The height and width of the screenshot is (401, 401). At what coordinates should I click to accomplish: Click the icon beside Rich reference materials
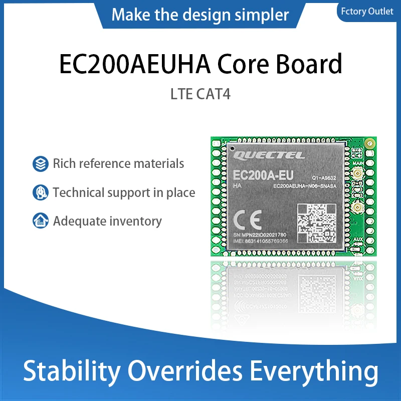(40, 163)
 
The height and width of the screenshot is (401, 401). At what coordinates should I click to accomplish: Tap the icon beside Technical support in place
(40, 192)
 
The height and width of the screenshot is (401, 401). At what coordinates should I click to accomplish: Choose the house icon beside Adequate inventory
(40, 221)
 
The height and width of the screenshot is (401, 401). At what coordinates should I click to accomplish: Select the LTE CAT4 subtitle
(200, 94)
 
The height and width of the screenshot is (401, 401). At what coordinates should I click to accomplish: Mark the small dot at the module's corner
(232, 148)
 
